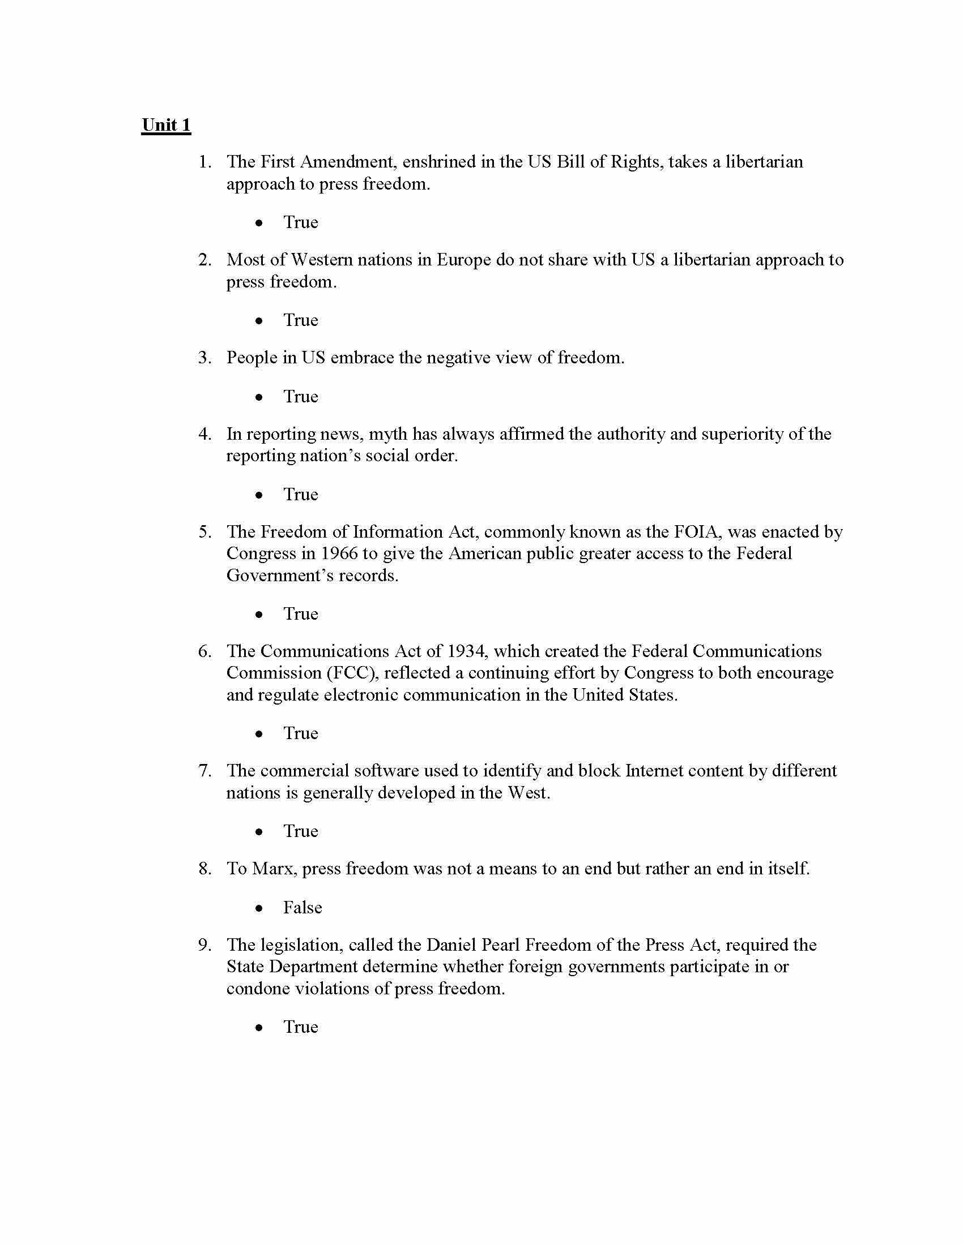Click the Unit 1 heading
pos(166,125)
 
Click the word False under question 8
pos(302,907)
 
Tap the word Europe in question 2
pos(463,260)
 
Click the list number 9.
pos(205,945)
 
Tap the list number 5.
pos(205,532)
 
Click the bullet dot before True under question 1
pos(260,223)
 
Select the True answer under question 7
pos(301,831)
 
